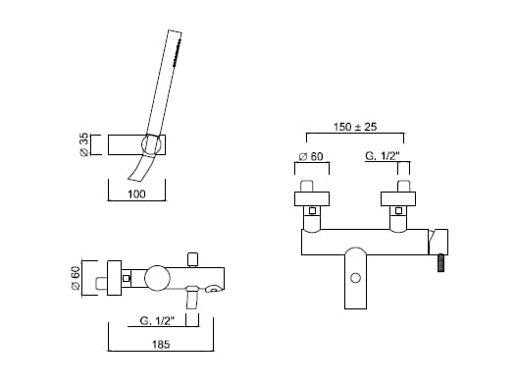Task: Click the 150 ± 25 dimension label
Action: coord(355,127)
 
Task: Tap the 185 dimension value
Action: coord(161,345)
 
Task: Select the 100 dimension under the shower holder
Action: coord(136,194)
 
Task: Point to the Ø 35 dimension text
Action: coord(84,144)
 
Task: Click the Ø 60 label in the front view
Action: coord(311,156)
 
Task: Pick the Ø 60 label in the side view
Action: coord(76,278)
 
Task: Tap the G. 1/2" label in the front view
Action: coord(383,156)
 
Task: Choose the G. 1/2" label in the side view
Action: coord(157,320)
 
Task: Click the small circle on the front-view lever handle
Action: coord(355,278)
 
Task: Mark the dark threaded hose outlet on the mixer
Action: coord(441,262)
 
